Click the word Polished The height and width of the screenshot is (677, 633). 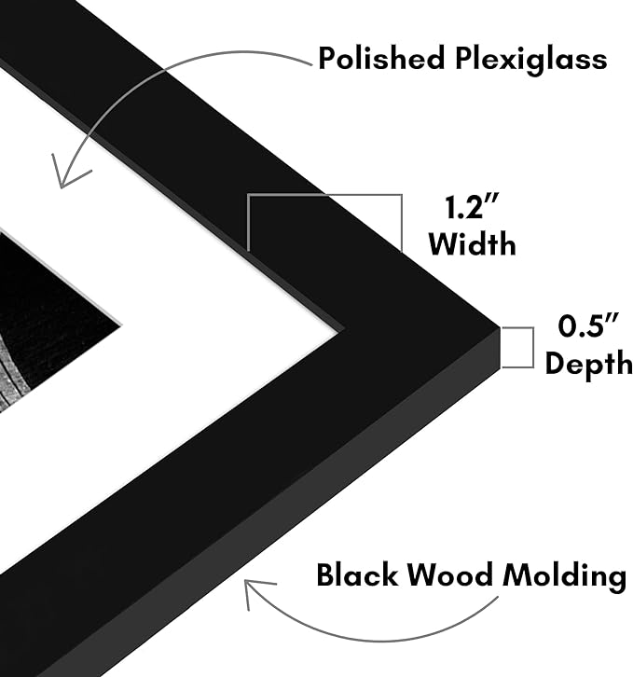[381, 58]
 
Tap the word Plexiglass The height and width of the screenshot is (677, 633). [531, 60]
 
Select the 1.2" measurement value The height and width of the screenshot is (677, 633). [472, 207]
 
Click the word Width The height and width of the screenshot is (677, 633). [473, 244]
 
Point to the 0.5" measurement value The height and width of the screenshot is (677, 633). [588, 325]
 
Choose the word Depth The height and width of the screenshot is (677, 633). [589, 364]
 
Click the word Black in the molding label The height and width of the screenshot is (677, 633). [357, 574]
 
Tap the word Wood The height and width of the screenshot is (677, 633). [450, 574]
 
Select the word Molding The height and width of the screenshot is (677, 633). [565, 576]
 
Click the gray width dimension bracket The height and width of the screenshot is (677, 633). [324, 222]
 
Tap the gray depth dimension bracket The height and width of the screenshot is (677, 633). [517, 348]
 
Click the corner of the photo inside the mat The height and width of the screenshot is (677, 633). [121, 325]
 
